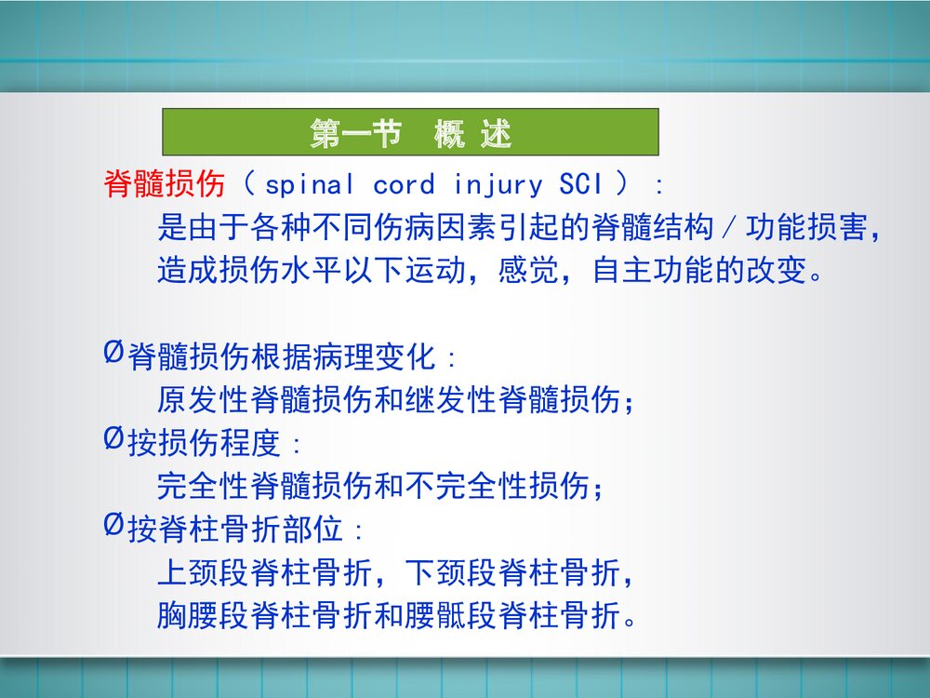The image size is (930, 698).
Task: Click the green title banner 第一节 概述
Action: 410,132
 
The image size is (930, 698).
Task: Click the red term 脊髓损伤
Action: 164,184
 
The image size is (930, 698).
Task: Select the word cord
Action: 404,184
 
